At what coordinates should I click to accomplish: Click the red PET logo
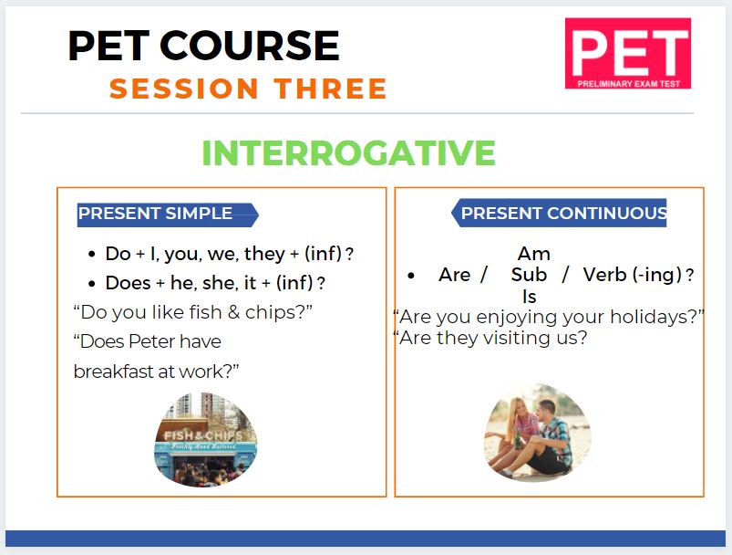(x=628, y=53)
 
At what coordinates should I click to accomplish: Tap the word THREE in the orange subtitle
(x=331, y=89)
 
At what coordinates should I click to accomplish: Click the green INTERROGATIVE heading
(x=348, y=152)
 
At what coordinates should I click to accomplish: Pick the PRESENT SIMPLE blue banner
(x=168, y=215)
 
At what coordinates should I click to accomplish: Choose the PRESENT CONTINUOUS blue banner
(x=559, y=214)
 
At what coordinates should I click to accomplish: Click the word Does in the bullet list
(x=128, y=283)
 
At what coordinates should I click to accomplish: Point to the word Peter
(x=151, y=341)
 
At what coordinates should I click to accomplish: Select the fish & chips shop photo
(x=205, y=439)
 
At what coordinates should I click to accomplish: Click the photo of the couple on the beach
(x=537, y=433)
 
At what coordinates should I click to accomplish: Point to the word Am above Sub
(x=534, y=254)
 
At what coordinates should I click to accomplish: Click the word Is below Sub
(x=530, y=297)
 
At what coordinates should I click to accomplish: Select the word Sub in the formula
(x=529, y=275)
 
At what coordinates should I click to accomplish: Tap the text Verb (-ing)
(x=633, y=275)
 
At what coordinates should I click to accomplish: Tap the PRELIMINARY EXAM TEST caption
(x=628, y=84)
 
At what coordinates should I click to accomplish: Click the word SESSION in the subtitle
(x=184, y=89)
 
